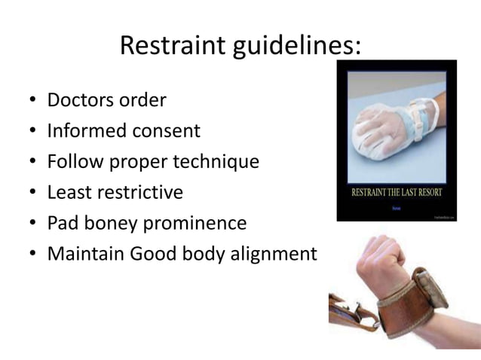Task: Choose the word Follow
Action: (72, 163)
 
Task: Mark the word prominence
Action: (195, 224)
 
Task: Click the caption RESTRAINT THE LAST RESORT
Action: (396, 191)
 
